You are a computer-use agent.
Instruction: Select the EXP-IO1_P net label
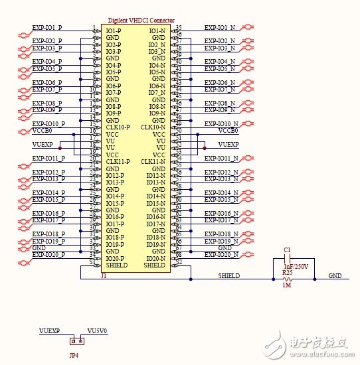coord(47,28)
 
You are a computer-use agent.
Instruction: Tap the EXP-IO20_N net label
coord(220,255)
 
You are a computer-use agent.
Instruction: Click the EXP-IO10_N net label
coord(220,124)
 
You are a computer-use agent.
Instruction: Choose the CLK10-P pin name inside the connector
coord(118,127)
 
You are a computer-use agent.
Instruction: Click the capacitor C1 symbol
coord(288,262)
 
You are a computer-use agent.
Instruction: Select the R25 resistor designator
coord(287,272)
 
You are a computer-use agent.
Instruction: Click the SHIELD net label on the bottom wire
coord(229,275)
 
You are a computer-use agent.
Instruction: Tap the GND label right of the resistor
coord(335,275)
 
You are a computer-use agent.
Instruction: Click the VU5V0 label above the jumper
coord(97,330)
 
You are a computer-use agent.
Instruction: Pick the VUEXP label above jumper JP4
coord(49,330)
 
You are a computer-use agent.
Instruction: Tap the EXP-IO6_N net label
coord(219,83)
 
